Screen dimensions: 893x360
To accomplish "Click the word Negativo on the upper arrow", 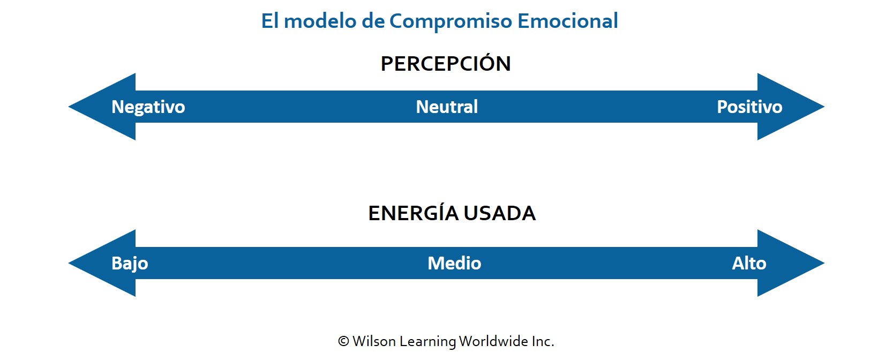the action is click(148, 107).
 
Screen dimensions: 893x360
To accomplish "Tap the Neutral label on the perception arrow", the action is click(447, 107).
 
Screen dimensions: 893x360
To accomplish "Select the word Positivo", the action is click(749, 107).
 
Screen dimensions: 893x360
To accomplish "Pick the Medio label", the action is click(454, 263).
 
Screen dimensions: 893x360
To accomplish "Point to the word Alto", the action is click(749, 263).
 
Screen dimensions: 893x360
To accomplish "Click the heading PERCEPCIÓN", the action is click(446, 63).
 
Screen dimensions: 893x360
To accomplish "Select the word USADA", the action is click(500, 213).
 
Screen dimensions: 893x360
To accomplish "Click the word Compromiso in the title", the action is click(451, 21).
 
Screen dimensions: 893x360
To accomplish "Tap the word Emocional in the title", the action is click(568, 21).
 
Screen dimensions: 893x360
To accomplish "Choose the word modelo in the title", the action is click(320, 21).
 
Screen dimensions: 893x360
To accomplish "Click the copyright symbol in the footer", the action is click(343, 341).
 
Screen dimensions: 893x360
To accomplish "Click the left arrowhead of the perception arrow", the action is click(102, 107).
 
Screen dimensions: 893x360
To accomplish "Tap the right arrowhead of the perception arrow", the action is click(791, 107).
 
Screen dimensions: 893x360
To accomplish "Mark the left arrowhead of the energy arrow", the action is click(102, 263).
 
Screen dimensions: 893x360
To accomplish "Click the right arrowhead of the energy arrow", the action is click(791, 263).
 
